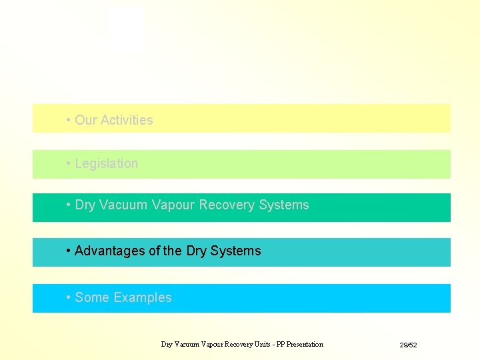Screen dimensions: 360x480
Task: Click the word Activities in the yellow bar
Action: coord(125,120)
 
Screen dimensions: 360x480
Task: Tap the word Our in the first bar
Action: coord(85,120)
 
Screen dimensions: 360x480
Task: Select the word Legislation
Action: coord(107,163)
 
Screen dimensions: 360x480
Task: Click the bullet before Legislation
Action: coord(69,163)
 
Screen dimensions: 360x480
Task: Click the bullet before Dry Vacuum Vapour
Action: coord(69,205)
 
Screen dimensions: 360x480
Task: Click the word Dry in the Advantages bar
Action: coord(197,251)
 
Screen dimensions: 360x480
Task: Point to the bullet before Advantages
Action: coord(69,251)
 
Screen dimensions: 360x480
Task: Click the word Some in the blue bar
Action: coord(92,297)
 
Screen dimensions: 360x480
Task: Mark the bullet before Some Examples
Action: coord(69,297)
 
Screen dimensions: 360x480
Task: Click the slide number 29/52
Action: coord(408,345)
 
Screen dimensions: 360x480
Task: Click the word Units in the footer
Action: coord(261,344)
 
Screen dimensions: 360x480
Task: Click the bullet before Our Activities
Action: coord(69,120)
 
